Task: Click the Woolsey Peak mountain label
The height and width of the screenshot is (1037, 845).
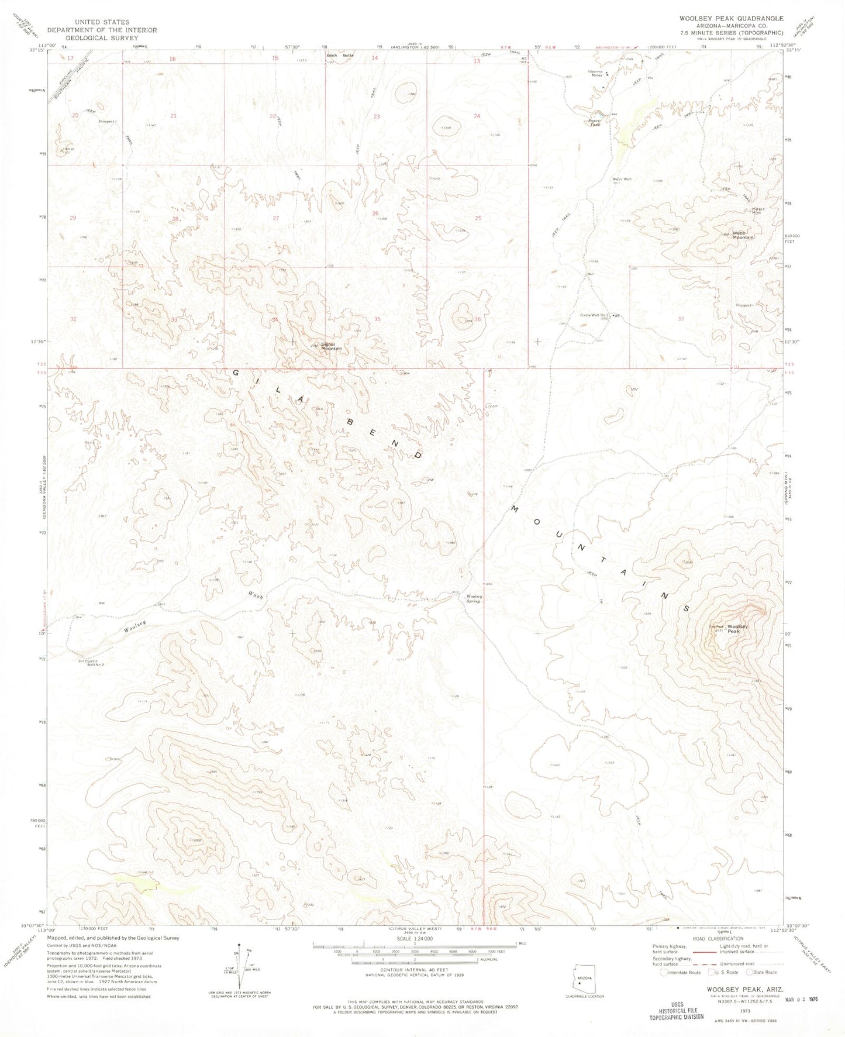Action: [737, 629]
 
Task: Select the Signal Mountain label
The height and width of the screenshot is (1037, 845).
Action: [330, 346]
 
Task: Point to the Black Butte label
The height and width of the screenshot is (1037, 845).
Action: [340, 56]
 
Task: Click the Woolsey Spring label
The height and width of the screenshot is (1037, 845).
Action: [473, 598]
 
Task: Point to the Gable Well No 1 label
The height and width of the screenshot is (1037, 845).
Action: [595, 315]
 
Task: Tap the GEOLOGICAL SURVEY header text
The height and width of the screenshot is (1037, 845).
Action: [102, 37]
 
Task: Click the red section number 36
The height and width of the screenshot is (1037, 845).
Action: [477, 319]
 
